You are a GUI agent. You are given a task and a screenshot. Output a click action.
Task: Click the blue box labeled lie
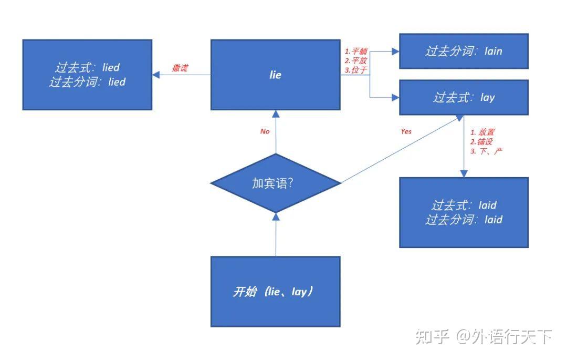click(x=275, y=75)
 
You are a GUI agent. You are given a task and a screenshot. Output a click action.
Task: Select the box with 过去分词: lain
click(x=464, y=51)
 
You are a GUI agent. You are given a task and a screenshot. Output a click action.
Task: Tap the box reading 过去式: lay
click(x=464, y=97)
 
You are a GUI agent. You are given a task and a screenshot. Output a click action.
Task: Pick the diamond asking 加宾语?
click(x=275, y=183)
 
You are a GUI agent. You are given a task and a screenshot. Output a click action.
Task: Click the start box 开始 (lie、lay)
click(x=275, y=292)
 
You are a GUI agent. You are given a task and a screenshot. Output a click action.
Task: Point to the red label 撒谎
click(x=180, y=68)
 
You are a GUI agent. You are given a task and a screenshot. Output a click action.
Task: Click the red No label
click(x=265, y=131)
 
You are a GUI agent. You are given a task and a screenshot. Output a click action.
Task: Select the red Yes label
click(x=406, y=131)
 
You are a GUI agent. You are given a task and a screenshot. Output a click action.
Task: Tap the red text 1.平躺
click(x=356, y=52)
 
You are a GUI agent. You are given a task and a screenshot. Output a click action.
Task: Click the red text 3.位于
click(x=356, y=70)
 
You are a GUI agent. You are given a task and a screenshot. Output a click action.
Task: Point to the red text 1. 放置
click(x=482, y=132)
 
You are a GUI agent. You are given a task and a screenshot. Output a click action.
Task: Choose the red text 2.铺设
click(x=481, y=142)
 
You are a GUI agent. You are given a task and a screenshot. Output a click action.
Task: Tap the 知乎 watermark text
click(x=432, y=336)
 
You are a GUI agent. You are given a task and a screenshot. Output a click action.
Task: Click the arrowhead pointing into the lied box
click(x=156, y=75)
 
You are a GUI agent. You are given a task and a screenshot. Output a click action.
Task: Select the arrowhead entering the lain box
click(x=395, y=51)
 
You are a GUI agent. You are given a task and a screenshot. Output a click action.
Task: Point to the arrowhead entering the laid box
click(x=464, y=173)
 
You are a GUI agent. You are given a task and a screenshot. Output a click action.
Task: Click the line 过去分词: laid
click(x=464, y=219)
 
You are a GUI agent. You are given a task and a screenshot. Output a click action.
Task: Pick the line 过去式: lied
click(x=87, y=67)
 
